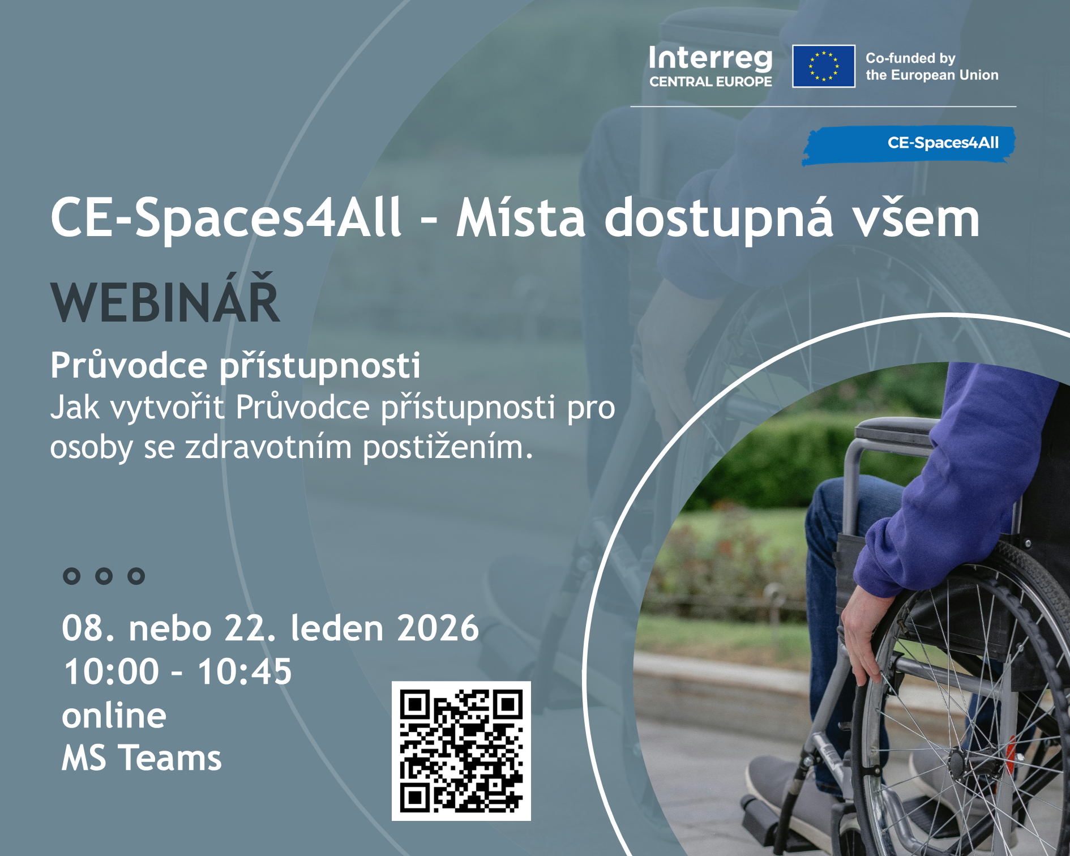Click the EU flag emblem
(x=823, y=66)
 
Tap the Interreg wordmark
(x=711, y=59)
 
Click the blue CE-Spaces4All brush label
(x=909, y=145)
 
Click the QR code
(x=461, y=751)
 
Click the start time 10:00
(x=111, y=671)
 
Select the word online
(x=114, y=716)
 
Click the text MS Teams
(x=142, y=758)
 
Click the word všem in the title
(x=917, y=218)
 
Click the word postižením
(x=447, y=447)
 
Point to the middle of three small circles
(x=104, y=576)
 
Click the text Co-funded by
(x=910, y=58)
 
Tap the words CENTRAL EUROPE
(x=711, y=82)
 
